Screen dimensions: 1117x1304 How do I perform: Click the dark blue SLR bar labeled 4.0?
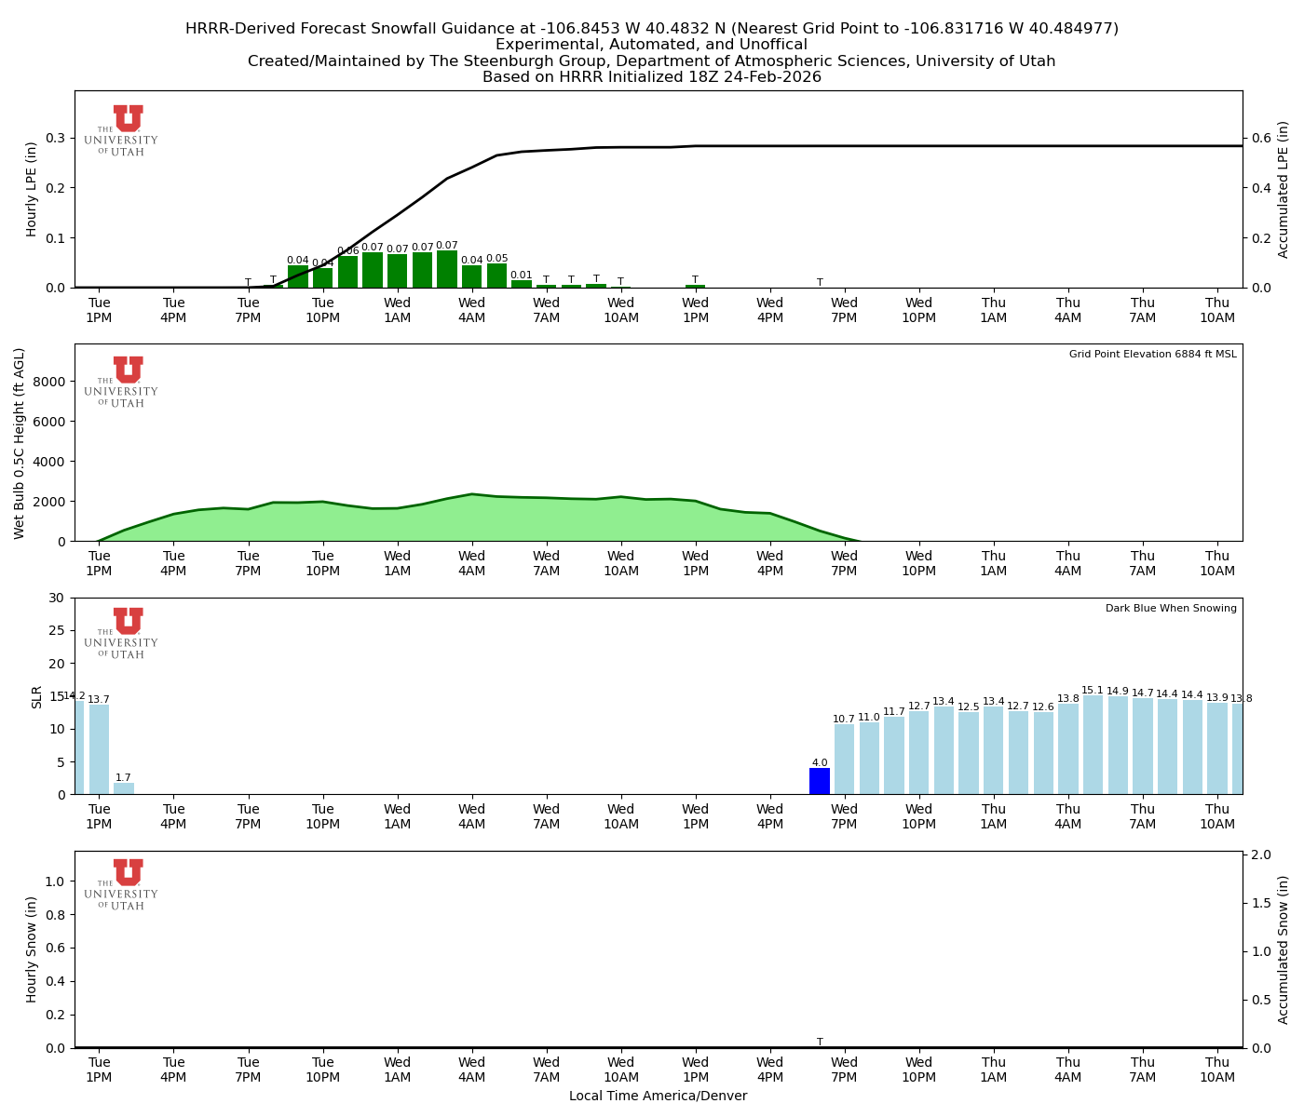pos(820,781)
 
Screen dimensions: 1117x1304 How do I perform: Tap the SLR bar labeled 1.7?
pos(124,788)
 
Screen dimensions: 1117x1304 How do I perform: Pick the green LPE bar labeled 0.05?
pos(496,276)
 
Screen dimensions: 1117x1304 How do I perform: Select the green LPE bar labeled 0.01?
pos(522,284)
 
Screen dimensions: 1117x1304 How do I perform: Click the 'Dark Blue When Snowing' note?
pos(1171,609)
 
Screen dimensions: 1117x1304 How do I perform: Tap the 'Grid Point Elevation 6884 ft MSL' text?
pos(1152,355)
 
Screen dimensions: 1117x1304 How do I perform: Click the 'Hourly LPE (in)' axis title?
pos(32,189)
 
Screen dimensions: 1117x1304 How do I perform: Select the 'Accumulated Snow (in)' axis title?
pos(1284,949)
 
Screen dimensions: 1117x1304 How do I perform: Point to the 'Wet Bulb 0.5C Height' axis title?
pos(20,443)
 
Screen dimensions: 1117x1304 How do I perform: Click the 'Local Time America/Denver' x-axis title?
pos(658,1097)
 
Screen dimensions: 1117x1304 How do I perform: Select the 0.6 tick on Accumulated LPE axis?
pos(1259,138)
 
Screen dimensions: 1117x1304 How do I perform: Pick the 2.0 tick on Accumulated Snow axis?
pos(1259,855)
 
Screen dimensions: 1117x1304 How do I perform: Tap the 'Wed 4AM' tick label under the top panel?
pos(471,310)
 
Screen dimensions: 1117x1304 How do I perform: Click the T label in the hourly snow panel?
pos(820,1043)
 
